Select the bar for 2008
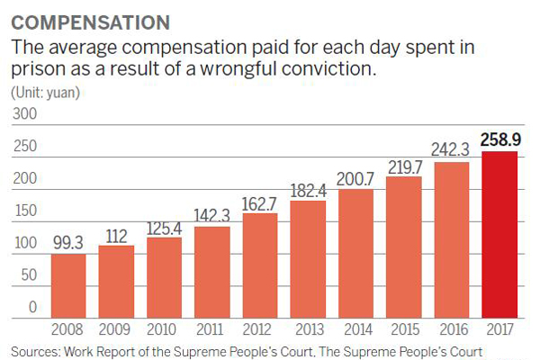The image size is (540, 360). point(69,286)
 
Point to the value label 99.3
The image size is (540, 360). point(69,242)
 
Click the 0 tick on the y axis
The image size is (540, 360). point(31,308)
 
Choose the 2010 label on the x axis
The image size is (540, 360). point(164,329)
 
